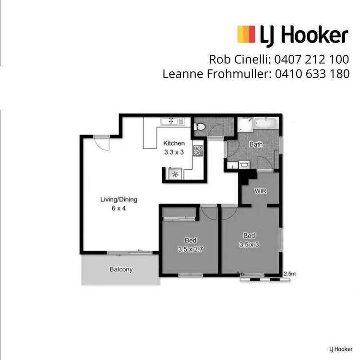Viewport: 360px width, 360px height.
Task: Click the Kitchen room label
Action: pos(174,143)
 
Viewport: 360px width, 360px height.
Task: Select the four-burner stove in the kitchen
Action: pos(198,151)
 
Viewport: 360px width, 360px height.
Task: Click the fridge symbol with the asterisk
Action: pos(175,174)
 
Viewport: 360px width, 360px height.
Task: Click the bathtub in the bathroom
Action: pos(265,123)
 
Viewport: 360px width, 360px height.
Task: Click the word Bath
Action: pos(255,144)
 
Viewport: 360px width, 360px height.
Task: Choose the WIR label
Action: pos(260,190)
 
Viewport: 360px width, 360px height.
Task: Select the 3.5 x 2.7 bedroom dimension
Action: pos(191,249)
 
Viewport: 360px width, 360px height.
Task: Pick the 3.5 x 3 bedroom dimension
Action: pos(249,244)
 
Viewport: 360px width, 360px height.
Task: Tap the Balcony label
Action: pos(121,269)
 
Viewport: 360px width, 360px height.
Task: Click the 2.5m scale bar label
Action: pos(289,274)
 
